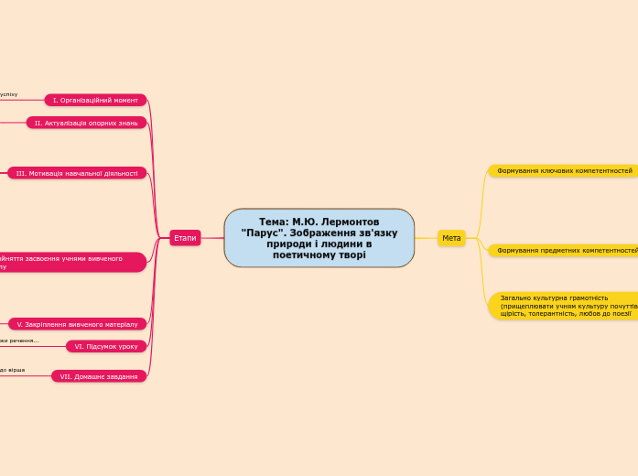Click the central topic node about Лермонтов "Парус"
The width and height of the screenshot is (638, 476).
pos(319,238)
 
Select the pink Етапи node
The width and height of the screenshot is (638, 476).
pos(185,238)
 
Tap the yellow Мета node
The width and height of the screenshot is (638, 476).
pos(451,238)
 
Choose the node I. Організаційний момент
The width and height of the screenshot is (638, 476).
pos(95,100)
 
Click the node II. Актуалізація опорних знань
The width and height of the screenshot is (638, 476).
pos(86,123)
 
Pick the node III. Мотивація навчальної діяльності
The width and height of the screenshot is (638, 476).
pos(77,173)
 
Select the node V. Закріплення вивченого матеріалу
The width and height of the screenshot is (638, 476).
pos(77,324)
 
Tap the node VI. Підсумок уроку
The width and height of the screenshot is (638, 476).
pos(106,346)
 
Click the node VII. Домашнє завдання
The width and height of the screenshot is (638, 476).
pos(99,376)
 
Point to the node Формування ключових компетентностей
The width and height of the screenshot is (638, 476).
pos(564,171)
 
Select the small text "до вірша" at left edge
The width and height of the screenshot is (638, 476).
pos(12,370)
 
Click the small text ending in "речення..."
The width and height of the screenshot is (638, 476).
pos(20,341)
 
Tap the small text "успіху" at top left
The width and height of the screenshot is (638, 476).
pos(8,94)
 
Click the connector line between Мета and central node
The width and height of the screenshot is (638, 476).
pos(427,238)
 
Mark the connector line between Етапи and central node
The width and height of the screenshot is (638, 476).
pos(212,238)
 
